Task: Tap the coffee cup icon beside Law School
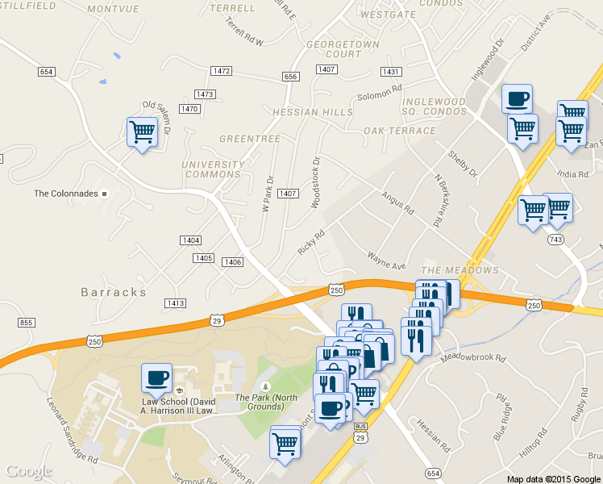tap(156, 378)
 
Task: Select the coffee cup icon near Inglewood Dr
tap(517, 98)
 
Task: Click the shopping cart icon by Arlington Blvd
tap(285, 443)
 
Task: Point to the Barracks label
tap(114, 291)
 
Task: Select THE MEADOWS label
tap(460, 269)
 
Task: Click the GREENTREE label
tap(250, 139)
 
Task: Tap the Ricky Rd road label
tap(310, 243)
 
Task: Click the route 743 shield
tap(555, 240)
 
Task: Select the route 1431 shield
tap(391, 72)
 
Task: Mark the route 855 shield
tap(26, 323)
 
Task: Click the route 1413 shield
tap(175, 303)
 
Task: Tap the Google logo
tap(28, 471)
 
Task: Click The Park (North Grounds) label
tap(266, 401)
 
